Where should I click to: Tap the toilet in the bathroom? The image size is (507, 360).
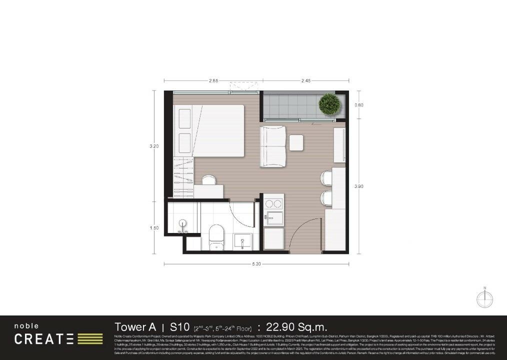tap(216, 237)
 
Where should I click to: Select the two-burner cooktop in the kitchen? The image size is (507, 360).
tap(273, 204)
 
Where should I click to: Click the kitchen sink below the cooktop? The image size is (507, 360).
tap(273, 217)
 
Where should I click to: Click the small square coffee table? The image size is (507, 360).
tap(296, 143)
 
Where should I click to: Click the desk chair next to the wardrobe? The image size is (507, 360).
tap(207, 179)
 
